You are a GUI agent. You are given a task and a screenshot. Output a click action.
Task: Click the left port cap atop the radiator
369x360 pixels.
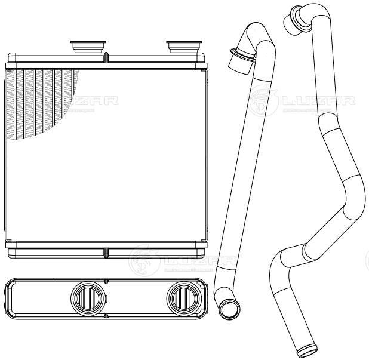click(87, 45)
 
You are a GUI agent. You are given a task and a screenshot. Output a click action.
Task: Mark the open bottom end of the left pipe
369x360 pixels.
click(227, 310)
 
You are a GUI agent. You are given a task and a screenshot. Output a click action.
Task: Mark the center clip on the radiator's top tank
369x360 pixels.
click(106, 59)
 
